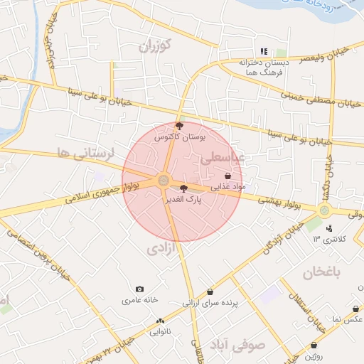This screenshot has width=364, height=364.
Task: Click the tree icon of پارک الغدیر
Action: (x=184, y=189)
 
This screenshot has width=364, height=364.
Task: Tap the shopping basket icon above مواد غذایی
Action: (x=227, y=176)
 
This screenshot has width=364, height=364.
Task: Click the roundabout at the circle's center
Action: (x=164, y=181)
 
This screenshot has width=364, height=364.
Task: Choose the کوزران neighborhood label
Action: (x=156, y=47)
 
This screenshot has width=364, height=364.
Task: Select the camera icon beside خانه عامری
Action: (x=139, y=289)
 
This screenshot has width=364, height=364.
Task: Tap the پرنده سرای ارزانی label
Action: (x=213, y=303)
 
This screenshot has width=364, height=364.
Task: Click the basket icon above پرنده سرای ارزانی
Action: (x=210, y=292)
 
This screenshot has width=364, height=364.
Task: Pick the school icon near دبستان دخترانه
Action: (x=264, y=51)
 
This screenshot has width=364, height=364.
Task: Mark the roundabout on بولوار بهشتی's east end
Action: (x=324, y=210)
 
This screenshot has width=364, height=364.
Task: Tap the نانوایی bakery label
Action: (x=160, y=331)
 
